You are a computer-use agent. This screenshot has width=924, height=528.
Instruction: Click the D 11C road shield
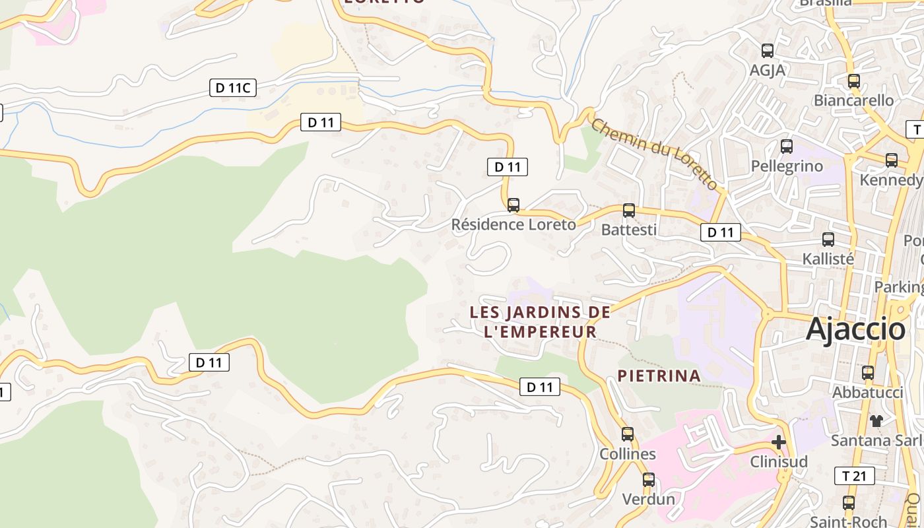233,87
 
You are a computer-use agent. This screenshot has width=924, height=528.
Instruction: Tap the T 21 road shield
855,476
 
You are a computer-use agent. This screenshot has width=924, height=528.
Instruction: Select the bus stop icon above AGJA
767,51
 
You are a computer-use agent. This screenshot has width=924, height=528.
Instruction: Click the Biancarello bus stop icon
853,81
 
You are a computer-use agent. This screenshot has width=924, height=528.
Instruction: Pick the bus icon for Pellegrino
786,147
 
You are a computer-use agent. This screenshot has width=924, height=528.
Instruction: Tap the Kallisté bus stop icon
828,240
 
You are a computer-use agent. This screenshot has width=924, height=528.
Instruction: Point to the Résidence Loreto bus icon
513,205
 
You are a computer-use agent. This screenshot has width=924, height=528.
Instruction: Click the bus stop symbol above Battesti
629,211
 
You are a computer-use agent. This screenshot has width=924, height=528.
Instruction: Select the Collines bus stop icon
627,434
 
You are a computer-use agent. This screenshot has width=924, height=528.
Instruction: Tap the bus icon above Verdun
649,480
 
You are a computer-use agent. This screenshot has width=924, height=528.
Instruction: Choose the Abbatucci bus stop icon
868,373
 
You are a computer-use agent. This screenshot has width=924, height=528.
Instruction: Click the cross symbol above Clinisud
779,442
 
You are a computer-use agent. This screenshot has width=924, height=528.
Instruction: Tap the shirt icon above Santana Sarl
876,420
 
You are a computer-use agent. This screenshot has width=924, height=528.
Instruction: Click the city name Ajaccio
855,329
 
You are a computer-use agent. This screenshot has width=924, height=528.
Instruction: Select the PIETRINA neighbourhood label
659,376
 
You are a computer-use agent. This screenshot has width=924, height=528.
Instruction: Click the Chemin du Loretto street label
653,154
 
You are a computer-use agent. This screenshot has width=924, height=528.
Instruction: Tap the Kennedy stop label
890,180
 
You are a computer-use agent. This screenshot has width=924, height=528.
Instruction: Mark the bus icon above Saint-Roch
849,503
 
